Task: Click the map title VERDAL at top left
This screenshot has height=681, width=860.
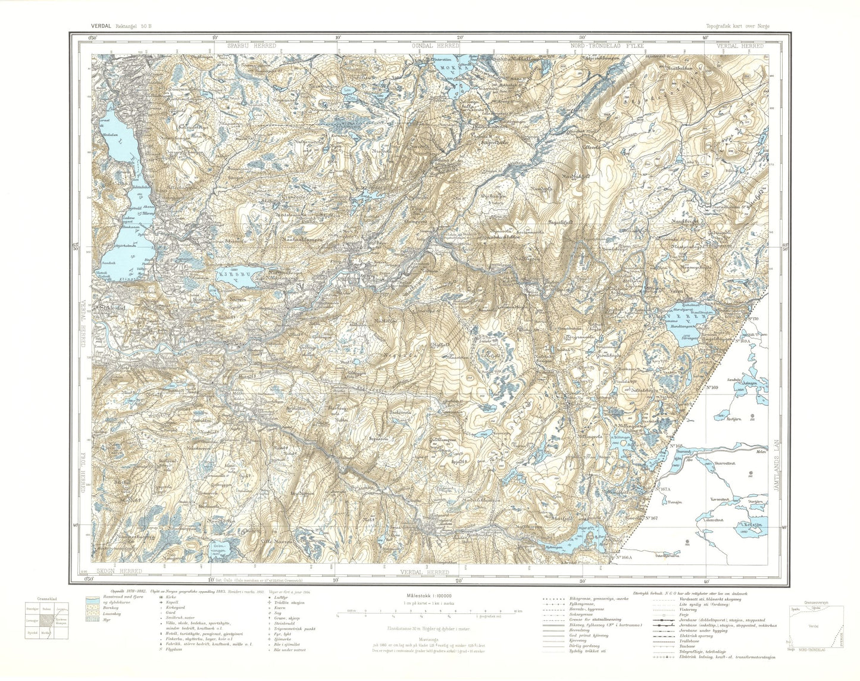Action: click(x=103, y=26)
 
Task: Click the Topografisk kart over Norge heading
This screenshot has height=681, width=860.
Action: click(x=742, y=26)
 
